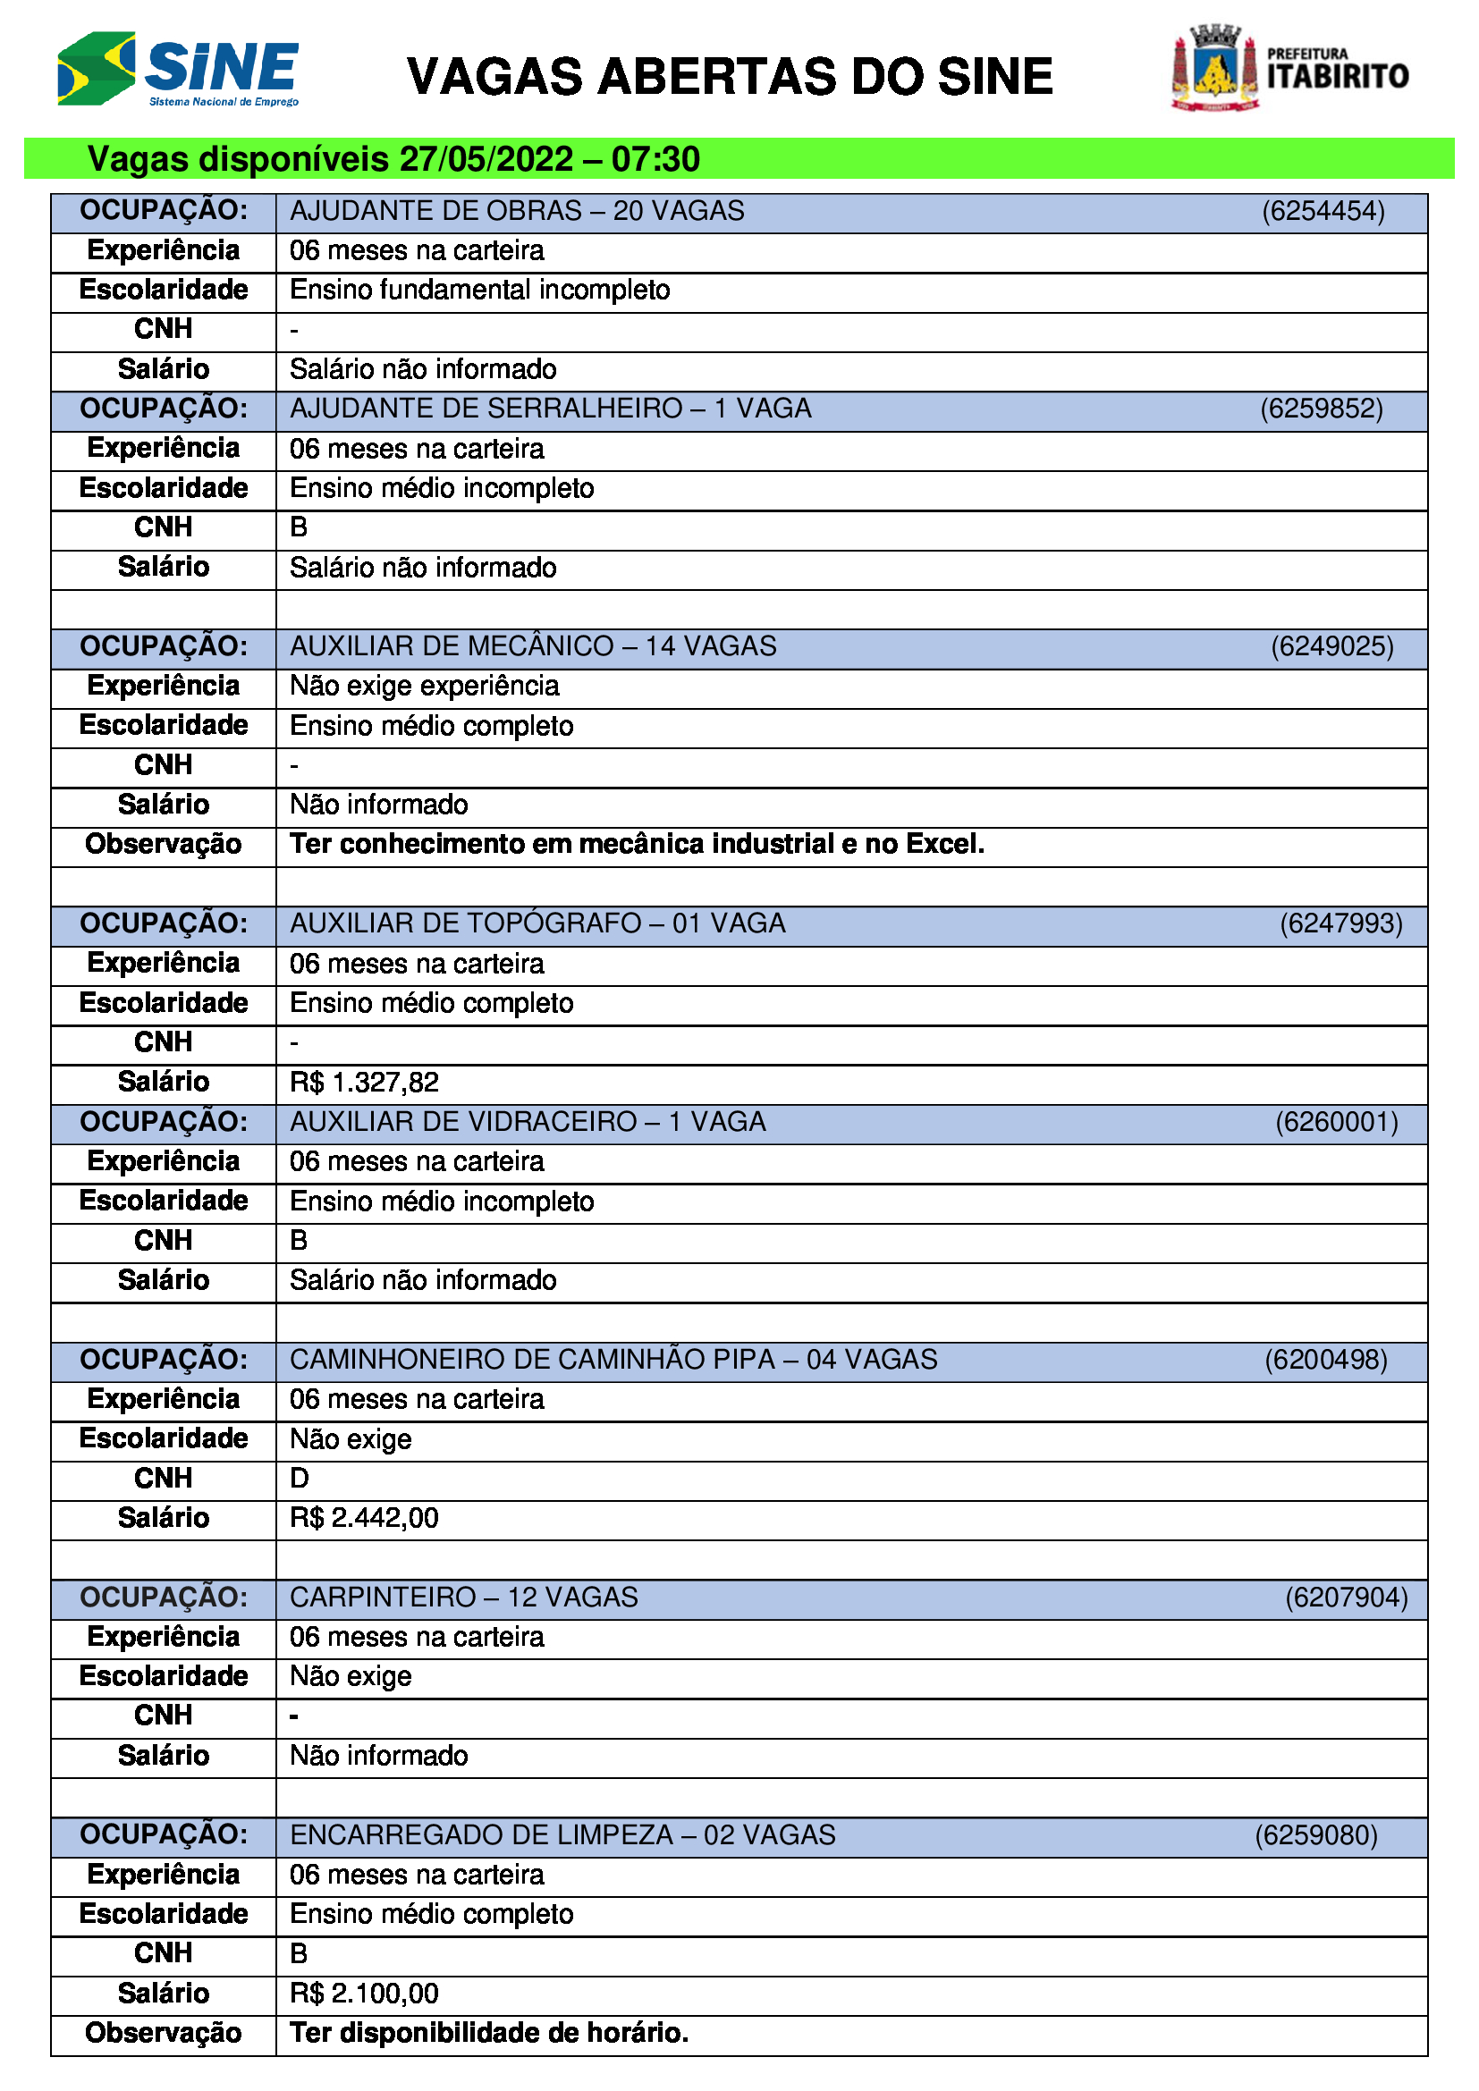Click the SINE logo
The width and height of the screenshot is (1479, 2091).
click(179, 69)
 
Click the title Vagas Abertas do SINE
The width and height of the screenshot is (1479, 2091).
click(730, 77)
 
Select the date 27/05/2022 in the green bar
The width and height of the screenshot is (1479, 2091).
click(486, 159)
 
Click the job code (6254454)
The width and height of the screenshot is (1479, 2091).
click(1323, 211)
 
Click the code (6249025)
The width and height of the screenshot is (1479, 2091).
click(1331, 646)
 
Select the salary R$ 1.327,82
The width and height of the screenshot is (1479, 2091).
click(364, 1083)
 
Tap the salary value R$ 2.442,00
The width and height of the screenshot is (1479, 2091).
click(364, 1518)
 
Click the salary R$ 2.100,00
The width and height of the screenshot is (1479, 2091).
click(364, 1994)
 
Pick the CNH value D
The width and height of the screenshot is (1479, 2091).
click(299, 1478)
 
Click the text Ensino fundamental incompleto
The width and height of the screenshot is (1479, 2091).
click(480, 291)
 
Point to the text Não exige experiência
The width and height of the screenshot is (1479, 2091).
click(425, 686)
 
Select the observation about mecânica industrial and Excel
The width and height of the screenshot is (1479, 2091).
click(637, 844)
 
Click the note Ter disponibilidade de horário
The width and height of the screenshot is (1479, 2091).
click(489, 2033)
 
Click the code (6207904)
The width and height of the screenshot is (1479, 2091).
click(1346, 1598)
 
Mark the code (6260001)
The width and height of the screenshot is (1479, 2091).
click(1336, 1122)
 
